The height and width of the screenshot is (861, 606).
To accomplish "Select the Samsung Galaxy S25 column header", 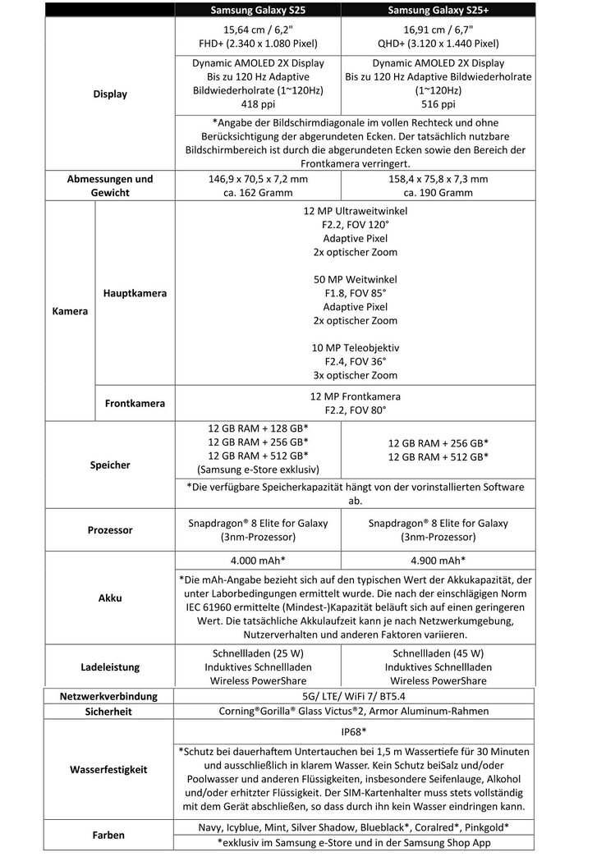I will pyautogui.click(x=256, y=10).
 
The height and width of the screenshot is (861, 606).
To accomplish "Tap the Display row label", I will pyautogui.click(x=110, y=94).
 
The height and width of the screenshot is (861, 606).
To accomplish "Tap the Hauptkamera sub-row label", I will pyautogui.click(x=135, y=293).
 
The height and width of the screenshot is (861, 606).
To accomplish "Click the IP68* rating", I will pyautogui.click(x=355, y=730).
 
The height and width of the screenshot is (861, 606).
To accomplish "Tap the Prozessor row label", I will pyautogui.click(x=110, y=530).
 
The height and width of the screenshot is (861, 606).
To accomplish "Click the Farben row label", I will pyautogui.click(x=110, y=836).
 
